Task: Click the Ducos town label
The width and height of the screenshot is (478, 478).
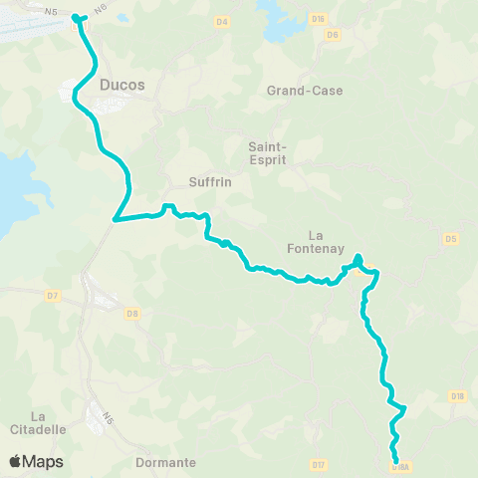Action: coord(122,85)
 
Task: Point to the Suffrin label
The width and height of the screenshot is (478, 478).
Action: coord(209,182)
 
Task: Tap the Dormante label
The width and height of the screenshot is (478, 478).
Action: coord(166,462)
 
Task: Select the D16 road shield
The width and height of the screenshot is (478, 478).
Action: coord(318,18)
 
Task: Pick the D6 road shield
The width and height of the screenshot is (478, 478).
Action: coord(333,35)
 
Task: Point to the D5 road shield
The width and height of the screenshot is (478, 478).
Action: coord(451,238)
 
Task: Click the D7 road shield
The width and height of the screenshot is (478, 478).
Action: coord(54,296)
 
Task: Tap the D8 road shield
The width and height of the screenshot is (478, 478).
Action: coord(132,314)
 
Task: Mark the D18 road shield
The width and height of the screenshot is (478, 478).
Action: coord(457,396)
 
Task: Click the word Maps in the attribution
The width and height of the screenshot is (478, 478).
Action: coord(45,461)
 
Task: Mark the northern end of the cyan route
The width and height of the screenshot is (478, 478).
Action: coord(77,16)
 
